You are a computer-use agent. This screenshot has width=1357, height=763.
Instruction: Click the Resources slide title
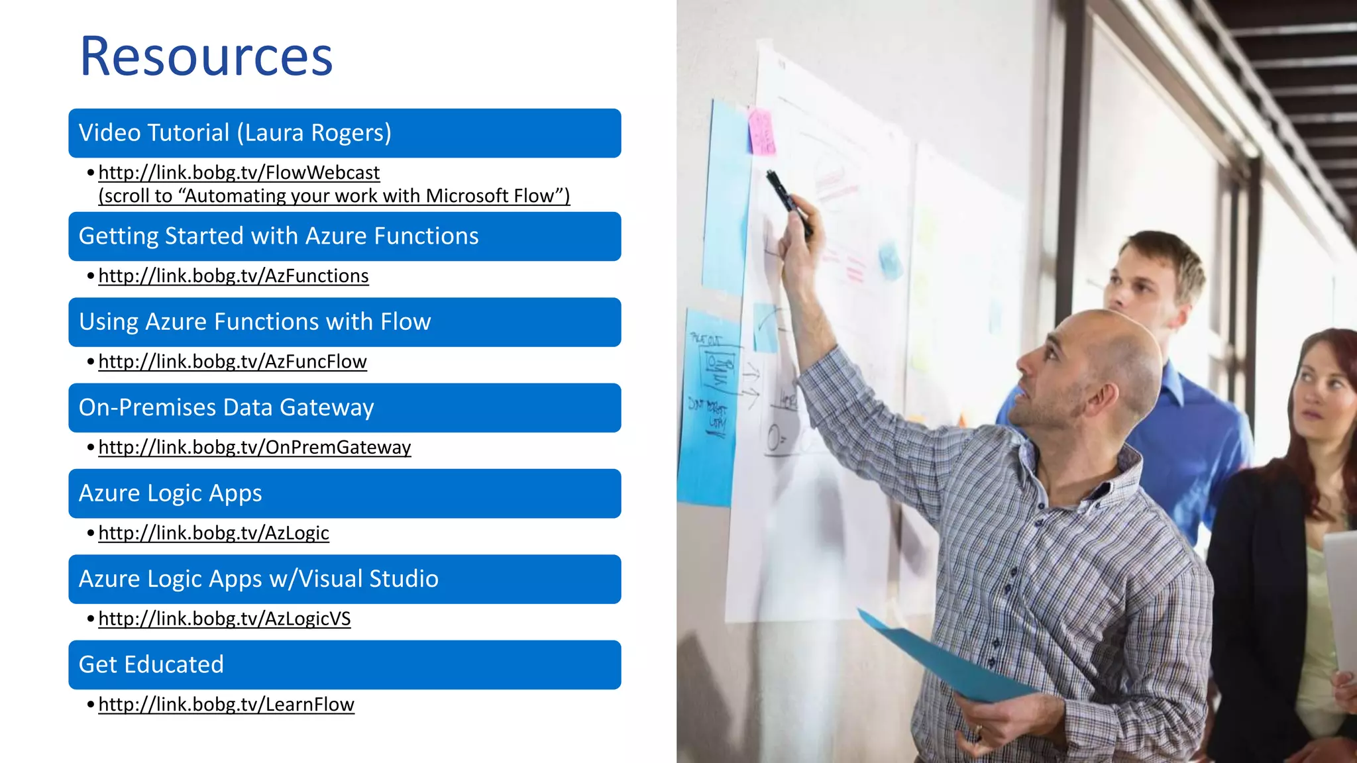point(206,56)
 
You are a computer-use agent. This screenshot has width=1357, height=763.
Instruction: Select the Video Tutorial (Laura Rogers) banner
point(345,133)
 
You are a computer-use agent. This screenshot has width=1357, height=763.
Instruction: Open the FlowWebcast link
point(239,173)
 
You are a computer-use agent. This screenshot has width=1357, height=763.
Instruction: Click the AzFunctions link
point(233,276)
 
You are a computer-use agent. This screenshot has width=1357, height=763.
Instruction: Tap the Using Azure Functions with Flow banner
point(345,323)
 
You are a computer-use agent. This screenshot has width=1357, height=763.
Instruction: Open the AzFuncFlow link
point(233,362)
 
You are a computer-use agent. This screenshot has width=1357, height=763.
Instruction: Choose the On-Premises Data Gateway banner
point(345,408)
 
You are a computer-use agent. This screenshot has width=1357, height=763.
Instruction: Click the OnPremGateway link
point(254,448)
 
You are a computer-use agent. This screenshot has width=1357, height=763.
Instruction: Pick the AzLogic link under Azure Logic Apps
point(213,533)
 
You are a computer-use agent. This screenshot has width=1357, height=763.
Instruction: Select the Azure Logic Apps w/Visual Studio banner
point(345,580)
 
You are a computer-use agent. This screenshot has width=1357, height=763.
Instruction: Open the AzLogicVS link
point(225,619)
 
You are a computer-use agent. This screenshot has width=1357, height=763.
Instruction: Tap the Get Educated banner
point(345,665)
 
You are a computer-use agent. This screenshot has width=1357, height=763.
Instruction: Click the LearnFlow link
point(226,705)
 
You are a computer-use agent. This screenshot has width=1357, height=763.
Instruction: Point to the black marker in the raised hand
point(788,203)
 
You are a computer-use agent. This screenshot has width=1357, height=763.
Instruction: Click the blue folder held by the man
point(948,656)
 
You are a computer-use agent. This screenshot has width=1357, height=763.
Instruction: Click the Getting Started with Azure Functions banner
point(345,236)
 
